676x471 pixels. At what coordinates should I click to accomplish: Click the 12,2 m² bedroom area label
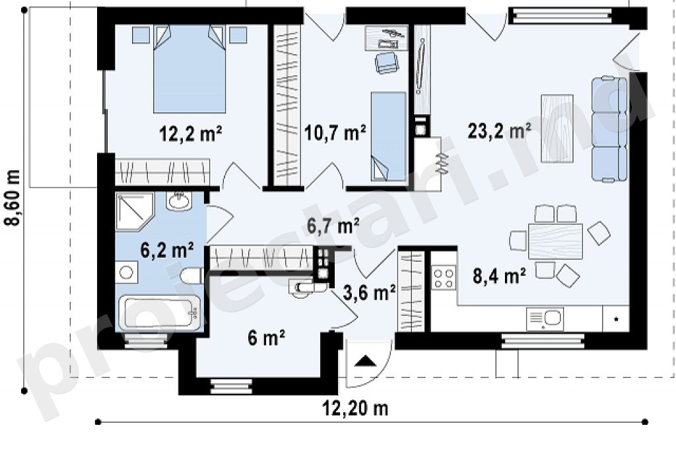coord(191,133)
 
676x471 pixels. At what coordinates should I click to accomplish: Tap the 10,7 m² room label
coord(335,133)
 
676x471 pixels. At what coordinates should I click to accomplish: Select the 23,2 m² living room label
coord(499,131)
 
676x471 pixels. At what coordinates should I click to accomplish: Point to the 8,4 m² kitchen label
coord(499,276)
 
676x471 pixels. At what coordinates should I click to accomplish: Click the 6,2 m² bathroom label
coord(167,250)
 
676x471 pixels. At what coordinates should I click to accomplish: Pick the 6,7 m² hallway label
coord(333,226)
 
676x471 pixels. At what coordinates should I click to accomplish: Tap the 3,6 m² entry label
coord(370,294)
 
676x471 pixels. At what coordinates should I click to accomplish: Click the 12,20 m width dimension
coord(356,408)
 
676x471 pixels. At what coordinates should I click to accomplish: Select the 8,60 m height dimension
coord(13,198)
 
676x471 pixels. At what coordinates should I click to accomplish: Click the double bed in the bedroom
coord(189,69)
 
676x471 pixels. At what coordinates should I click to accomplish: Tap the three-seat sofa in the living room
coord(609,129)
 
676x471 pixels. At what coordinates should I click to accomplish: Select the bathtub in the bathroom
coord(160,313)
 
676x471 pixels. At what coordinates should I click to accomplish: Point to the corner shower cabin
coord(134,212)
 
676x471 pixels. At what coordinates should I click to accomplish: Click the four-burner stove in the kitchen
coord(444,278)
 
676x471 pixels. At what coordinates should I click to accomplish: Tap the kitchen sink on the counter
coord(545,319)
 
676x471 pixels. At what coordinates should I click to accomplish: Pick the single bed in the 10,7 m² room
coord(388,136)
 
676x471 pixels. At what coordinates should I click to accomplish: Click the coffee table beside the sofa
coord(557,129)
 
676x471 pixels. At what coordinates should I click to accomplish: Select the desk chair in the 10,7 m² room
coord(386,63)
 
